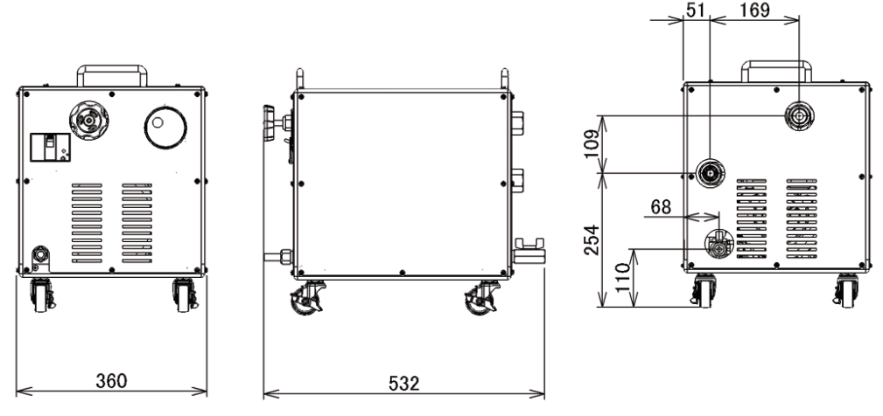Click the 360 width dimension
point(111,381)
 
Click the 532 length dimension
point(403,384)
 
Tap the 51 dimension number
point(696,10)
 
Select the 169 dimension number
point(754,10)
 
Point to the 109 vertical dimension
point(592,144)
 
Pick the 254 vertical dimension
point(592,240)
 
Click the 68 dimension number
point(661,207)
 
